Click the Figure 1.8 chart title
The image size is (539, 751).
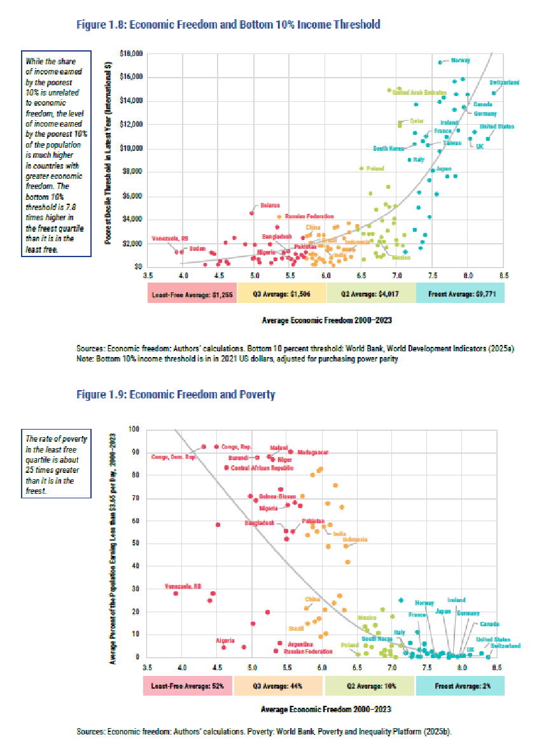228,25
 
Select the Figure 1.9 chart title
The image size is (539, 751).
176,395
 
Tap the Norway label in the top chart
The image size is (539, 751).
460,60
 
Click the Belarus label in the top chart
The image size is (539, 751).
270,206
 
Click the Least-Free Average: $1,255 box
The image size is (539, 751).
192,293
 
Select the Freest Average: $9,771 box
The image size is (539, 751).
460,293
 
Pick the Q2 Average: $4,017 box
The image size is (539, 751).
370,293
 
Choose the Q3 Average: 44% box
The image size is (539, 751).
279,686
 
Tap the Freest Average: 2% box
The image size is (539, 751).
460,686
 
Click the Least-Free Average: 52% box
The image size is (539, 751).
188,686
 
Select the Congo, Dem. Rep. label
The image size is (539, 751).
174,457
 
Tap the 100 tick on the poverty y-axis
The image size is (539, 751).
134,429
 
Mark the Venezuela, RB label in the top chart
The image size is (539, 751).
170,239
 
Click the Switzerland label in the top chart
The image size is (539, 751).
505,83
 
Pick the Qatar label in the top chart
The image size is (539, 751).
416,120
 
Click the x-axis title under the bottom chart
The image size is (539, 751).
325,708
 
